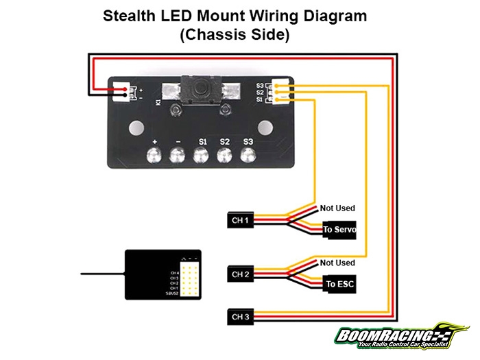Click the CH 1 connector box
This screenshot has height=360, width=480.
point(241,221)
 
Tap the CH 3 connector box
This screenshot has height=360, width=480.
point(241,316)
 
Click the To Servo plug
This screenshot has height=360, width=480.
point(339,230)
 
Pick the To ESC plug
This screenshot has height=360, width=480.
point(339,283)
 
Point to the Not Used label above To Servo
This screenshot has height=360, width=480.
point(337,208)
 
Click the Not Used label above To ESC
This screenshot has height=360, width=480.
point(337,263)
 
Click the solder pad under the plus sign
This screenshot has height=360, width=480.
point(156,156)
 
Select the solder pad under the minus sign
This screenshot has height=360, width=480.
point(178,156)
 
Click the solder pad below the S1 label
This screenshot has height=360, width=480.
point(202,156)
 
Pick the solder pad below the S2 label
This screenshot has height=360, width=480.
point(224,156)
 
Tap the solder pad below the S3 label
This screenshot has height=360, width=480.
point(248,156)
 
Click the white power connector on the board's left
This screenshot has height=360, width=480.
point(127,93)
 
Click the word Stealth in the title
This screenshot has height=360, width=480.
point(132,15)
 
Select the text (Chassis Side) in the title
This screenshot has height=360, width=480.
point(234,36)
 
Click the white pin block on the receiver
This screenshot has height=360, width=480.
point(189,278)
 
